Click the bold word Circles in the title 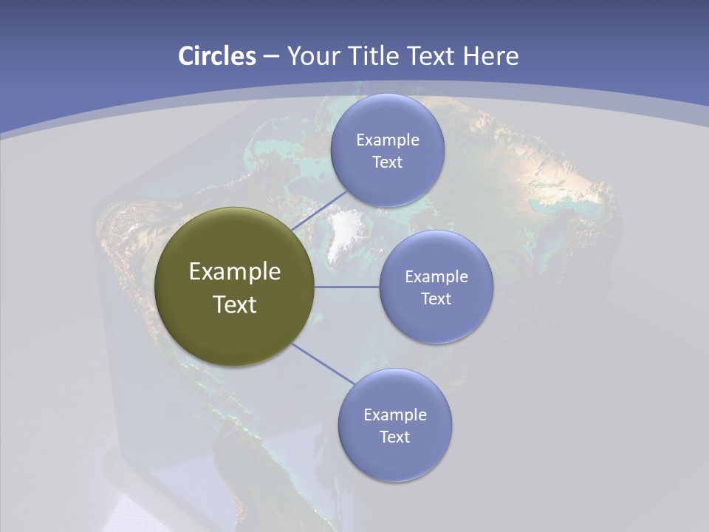coord(216,56)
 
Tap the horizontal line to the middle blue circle coord(346,287)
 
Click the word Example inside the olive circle coord(234,272)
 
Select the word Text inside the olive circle coord(234,304)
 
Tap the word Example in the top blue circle coord(387,140)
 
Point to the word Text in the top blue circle coord(387,162)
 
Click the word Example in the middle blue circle coord(436,276)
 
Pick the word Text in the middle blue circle coord(436,299)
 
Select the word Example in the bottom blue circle coord(394,415)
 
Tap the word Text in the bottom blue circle coord(394,437)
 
